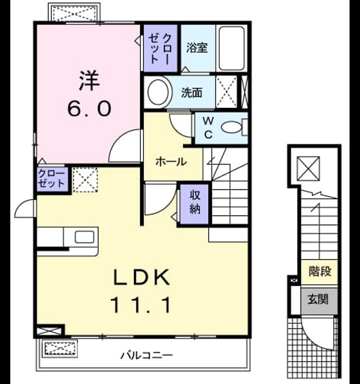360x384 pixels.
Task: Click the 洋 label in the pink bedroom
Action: point(90,80)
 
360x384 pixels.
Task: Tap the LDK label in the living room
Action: point(141,277)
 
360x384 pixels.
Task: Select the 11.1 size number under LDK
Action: point(141,305)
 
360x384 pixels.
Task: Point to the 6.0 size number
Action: point(89,109)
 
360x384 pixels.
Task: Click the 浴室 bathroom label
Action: point(197,48)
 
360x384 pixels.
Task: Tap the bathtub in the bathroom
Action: point(231,48)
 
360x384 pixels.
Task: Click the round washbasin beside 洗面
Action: point(158,92)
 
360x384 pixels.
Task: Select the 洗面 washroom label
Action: point(192,93)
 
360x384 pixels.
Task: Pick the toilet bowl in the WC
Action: point(231,127)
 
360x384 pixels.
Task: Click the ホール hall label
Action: point(171,162)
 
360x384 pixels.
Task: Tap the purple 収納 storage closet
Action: point(194,204)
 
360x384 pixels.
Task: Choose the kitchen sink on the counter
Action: point(84,237)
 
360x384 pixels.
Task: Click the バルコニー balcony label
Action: point(147,355)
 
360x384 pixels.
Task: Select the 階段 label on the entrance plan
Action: point(320,271)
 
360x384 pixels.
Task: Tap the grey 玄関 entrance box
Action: point(319,301)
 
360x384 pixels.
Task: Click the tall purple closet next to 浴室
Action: point(160,48)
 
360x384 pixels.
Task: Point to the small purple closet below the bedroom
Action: point(52,179)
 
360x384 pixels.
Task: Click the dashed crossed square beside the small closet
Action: point(85,180)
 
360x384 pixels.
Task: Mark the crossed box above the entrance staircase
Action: point(308,168)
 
